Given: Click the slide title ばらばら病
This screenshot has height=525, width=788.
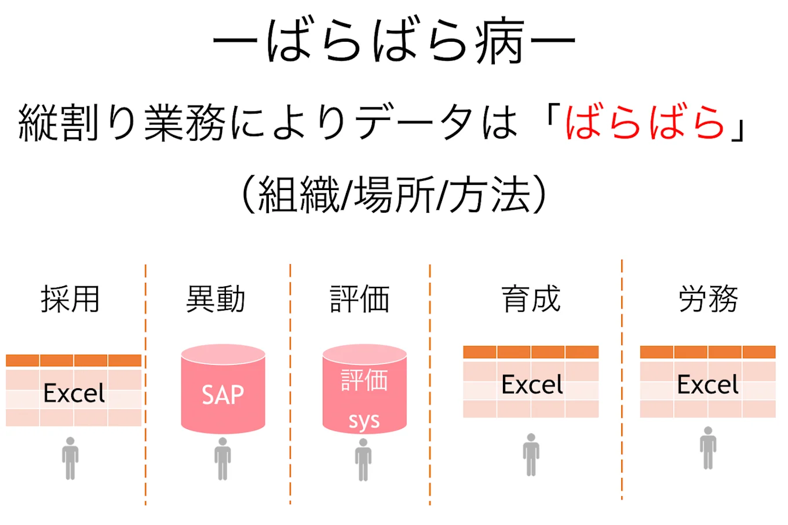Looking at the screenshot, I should click(x=394, y=42).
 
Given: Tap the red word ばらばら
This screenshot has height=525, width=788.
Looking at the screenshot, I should click(x=645, y=123).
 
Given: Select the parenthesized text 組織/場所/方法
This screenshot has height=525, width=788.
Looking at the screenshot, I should click(x=394, y=195).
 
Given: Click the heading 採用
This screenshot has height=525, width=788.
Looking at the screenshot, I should click(x=70, y=300).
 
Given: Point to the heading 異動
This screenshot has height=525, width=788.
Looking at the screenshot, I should click(x=216, y=300).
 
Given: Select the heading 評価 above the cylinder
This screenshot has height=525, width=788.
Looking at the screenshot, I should click(x=360, y=300).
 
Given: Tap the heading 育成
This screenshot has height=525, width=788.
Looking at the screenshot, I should click(x=531, y=300).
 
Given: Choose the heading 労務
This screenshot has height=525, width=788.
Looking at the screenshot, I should click(x=708, y=300).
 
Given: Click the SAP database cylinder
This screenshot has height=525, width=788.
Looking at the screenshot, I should click(x=223, y=389).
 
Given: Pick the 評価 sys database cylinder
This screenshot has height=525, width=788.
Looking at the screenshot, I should click(x=364, y=389).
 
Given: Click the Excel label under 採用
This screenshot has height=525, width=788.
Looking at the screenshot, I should click(x=74, y=393).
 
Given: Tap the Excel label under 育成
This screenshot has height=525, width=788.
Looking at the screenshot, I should click(x=532, y=385).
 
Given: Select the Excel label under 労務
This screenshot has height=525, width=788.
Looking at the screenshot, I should click(x=707, y=385).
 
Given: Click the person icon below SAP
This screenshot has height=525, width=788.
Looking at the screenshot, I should click(x=222, y=458).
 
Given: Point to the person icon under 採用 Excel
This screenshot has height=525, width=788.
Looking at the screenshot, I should click(x=70, y=458).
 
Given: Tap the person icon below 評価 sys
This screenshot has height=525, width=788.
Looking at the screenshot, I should click(x=363, y=459).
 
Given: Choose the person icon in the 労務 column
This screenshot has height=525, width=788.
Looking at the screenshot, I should click(x=707, y=447).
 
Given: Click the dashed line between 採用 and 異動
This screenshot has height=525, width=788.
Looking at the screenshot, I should click(x=145, y=382).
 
